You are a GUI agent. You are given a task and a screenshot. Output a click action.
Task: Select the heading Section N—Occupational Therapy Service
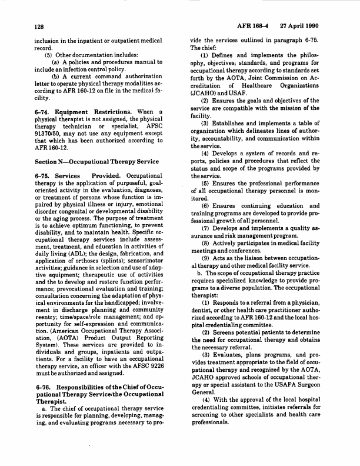point(88,145)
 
